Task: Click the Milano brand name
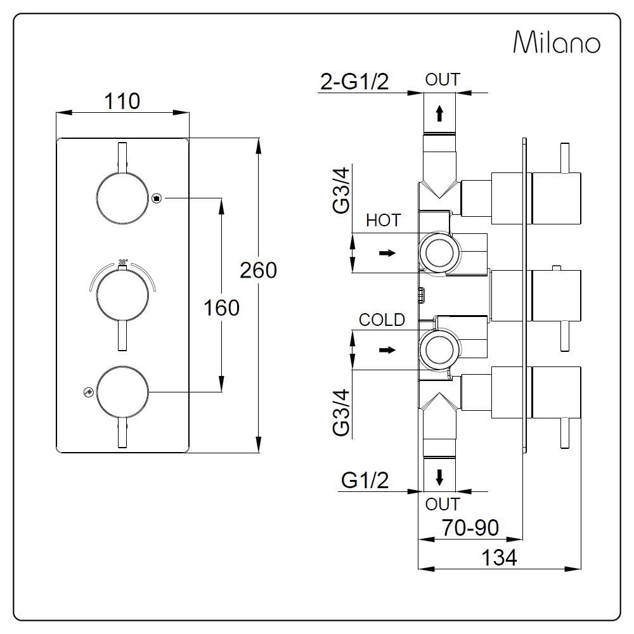(557, 42)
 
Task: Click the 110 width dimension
(122, 101)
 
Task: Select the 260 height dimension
(259, 270)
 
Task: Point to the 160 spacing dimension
(221, 307)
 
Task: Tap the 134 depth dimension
(499, 557)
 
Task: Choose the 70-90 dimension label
(470, 527)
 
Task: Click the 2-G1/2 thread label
(354, 81)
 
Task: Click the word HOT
(384, 221)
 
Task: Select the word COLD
(382, 320)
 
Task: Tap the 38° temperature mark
(122, 262)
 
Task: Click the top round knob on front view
(122, 198)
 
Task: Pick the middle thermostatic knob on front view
(122, 295)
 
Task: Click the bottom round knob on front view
(122, 392)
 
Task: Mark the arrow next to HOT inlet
(387, 253)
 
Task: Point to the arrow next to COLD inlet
(387, 350)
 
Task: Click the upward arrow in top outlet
(439, 113)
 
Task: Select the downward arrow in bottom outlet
(439, 477)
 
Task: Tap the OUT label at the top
(443, 80)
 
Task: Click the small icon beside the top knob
(157, 198)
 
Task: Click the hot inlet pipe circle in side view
(439, 253)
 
